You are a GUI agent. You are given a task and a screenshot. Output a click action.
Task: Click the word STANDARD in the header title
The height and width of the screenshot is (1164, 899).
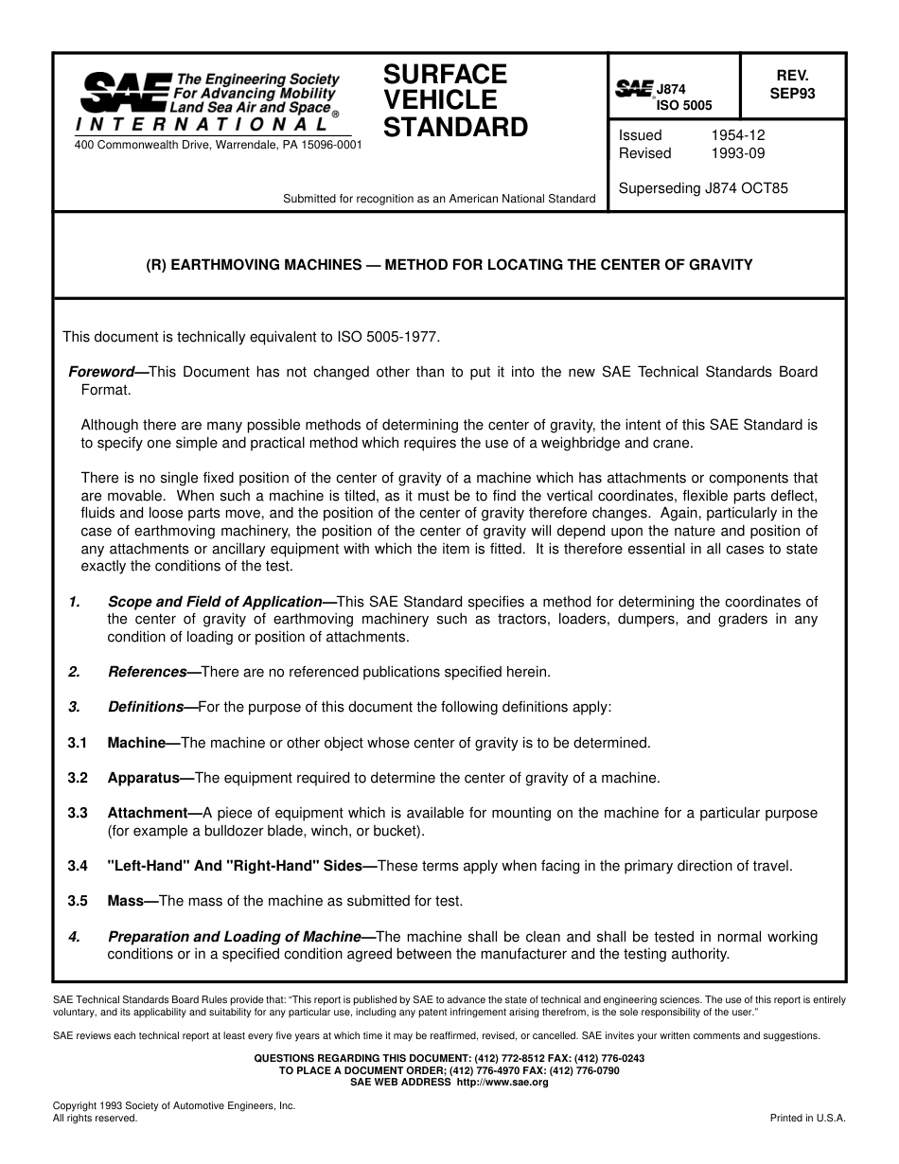tap(455, 128)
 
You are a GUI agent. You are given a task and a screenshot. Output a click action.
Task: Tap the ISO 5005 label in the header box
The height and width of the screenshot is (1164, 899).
tap(684, 106)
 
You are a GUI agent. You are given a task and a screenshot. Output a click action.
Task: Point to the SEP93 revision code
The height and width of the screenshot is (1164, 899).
tap(792, 94)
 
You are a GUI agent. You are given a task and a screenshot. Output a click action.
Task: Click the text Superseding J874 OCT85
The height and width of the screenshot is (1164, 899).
tap(703, 188)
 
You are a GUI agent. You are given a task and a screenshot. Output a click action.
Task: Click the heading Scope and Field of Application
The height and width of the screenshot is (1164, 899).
tap(215, 602)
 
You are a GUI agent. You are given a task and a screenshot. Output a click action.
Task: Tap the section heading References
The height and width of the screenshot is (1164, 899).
tap(147, 672)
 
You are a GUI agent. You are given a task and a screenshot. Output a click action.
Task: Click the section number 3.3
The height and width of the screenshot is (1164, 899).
tap(78, 813)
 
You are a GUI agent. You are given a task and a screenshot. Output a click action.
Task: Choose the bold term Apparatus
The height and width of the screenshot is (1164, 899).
tap(144, 778)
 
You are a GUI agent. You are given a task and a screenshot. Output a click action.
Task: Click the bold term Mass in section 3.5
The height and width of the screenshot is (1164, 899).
tap(124, 901)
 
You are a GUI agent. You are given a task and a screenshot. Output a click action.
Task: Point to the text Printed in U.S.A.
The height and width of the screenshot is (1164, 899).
tap(808, 1118)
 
